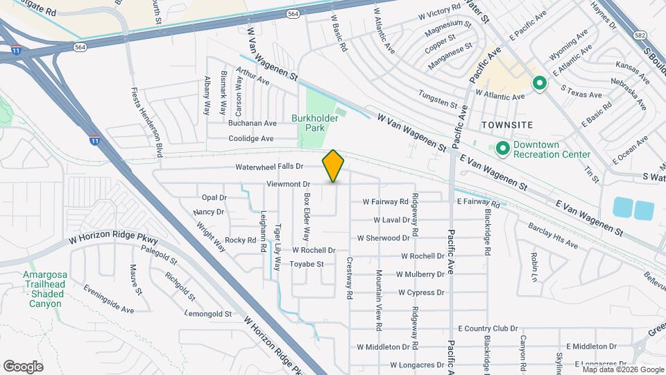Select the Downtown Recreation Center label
[x=552, y=149]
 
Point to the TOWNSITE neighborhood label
[x=506, y=124]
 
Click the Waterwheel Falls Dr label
[x=269, y=167]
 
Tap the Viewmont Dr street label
[x=287, y=184]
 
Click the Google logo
[x=23, y=366]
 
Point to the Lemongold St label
[x=208, y=314]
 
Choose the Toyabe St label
[x=307, y=264]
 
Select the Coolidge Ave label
[x=252, y=139]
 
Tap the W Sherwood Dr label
[x=383, y=238]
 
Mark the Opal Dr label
[x=214, y=198]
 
